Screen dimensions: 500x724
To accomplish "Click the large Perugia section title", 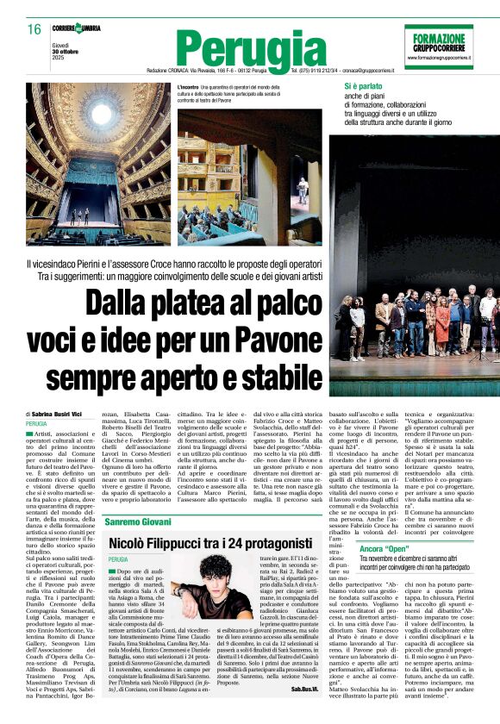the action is pyautogui.click(x=244, y=48).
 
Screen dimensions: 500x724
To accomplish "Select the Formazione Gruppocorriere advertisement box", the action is pyautogui.click(x=438, y=45).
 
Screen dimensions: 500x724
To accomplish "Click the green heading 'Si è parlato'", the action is pyautogui.click(x=362, y=87).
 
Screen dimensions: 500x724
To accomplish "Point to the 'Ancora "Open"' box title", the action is pyautogui.click(x=384, y=548).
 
